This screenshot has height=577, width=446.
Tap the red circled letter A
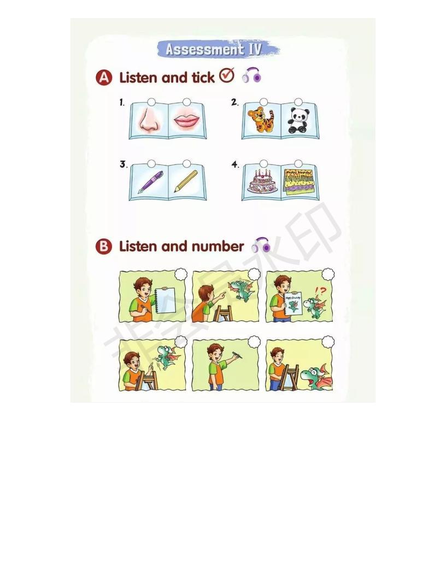tap(104, 78)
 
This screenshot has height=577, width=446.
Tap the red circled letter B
tap(104, 247)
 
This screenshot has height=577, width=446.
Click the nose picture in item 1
tap(149, 120)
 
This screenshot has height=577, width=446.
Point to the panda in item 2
tap(298, 120)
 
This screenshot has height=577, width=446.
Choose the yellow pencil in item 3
tap(186, 181)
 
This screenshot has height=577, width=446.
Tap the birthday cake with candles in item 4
tap(261, 181)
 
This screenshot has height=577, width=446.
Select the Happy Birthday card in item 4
tap(299, 181)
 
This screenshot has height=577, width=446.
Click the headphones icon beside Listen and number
tap(261, 245)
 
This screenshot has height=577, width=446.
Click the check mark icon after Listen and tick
tap(226, 75)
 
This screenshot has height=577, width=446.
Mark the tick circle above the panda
tap(298, 102)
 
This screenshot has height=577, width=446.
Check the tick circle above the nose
tap(151, 102)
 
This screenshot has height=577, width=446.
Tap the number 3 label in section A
tap(123, 164)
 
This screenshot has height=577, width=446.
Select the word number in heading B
tap(218, 247)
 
